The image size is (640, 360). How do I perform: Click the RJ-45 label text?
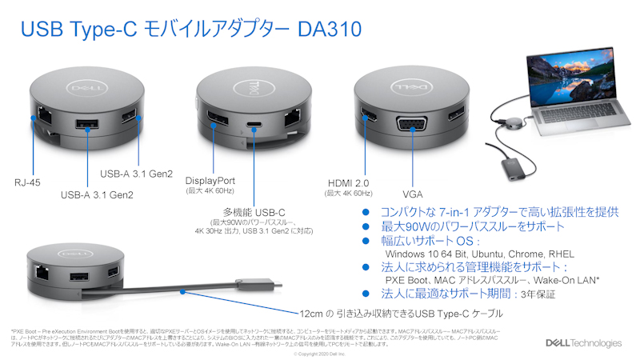click(27, 182)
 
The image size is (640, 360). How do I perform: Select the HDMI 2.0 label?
click(349, 182)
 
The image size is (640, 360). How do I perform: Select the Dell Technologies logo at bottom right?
click(583, 343)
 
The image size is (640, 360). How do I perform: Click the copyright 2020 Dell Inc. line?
click(320, 353)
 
